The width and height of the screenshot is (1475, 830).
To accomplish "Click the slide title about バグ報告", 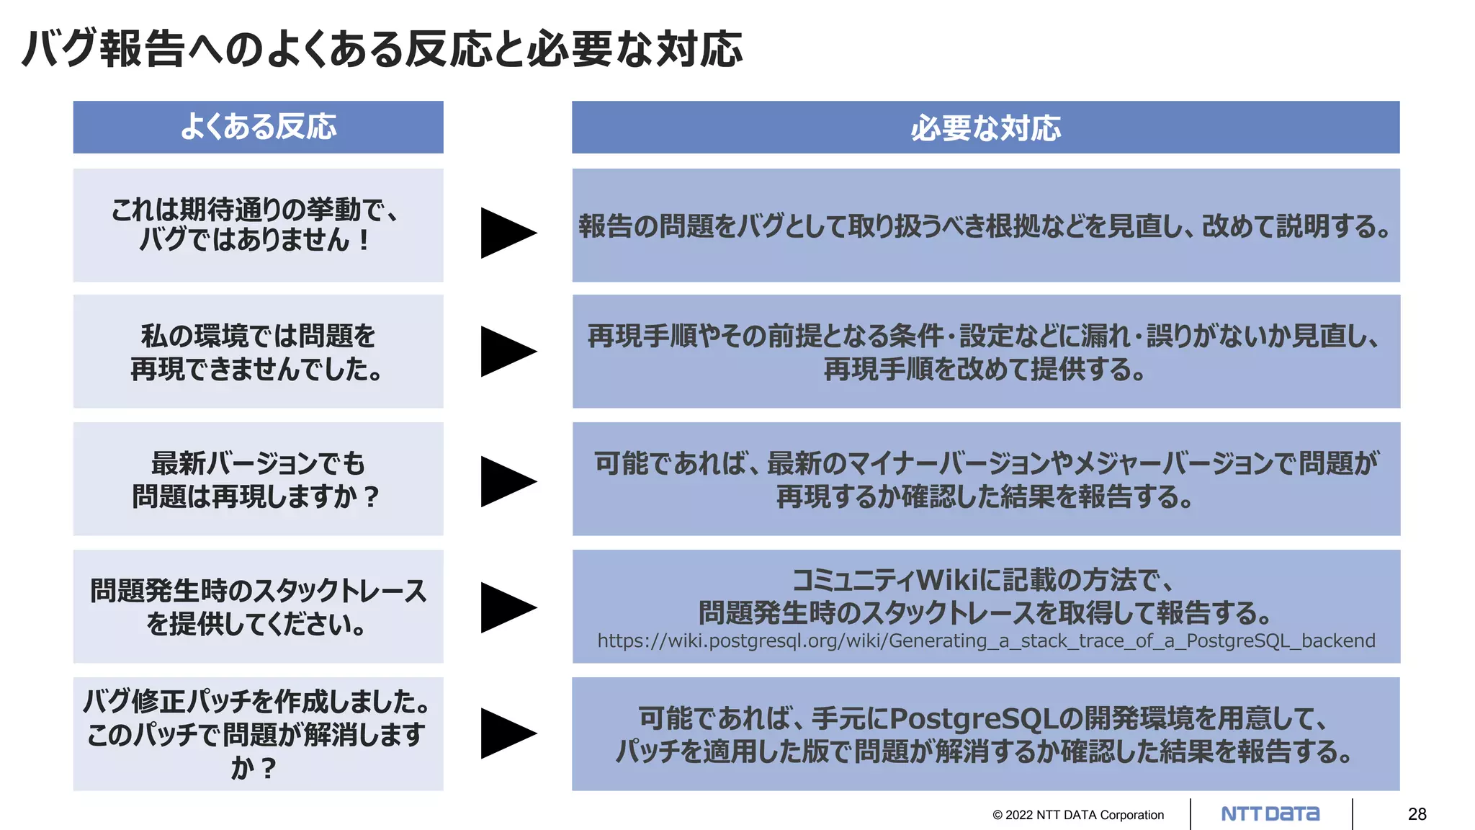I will point(382,49).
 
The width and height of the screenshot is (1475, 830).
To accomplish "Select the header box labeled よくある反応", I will point(258,127).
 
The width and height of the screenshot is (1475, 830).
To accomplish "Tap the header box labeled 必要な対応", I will point(985,128).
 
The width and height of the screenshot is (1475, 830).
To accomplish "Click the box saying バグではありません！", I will point(258,225).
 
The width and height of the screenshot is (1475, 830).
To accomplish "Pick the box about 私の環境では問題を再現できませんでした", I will point(258,352).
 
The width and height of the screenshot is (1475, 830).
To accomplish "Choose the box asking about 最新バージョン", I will point(258,479).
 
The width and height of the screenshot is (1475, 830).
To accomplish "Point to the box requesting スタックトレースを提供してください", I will point(258,607).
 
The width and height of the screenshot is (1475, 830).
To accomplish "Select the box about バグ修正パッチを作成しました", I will point(258,733).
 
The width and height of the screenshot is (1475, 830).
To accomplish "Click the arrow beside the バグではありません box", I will point(507,233).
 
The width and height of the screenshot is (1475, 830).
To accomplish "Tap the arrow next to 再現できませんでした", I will point(507,352).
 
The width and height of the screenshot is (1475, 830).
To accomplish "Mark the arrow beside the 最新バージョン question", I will point(507,481).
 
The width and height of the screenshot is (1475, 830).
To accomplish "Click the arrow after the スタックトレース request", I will point(507,607).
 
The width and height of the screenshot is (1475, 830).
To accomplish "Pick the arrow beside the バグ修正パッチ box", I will point(507,733).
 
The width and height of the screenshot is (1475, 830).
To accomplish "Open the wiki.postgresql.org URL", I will point(986,641).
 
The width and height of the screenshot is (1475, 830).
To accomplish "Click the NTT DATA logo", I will point(1270,814).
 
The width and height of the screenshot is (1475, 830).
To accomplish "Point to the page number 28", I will point(1417,814).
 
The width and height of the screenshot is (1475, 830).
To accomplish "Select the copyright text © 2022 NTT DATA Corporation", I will point(1077,815).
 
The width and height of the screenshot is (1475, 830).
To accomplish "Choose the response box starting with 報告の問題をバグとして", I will point(985,226).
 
